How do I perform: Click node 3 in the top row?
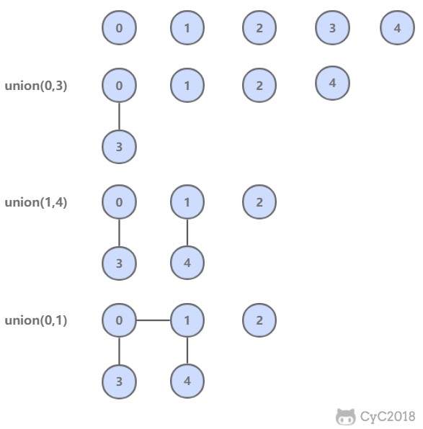click(332, 27)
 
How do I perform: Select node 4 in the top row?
click(397, 27)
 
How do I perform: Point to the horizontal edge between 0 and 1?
click(153, 320)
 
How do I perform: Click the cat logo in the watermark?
click(346, 417)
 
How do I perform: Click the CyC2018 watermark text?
click(388, 417)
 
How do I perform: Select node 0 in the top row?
click(119, 27)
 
